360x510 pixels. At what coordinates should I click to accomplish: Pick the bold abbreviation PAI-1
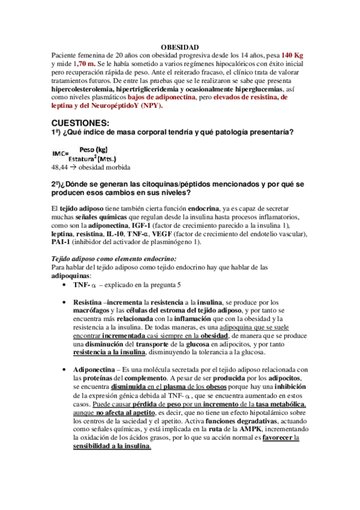click(63, 242)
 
